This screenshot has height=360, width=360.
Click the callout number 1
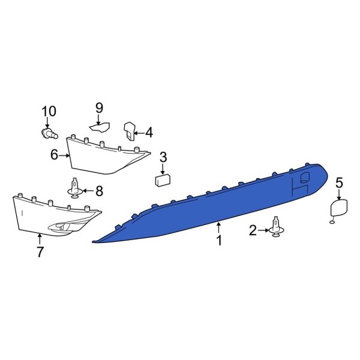coord(219,241)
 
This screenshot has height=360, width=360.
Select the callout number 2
coord(253,230)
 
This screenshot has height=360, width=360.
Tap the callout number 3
coord(163,158)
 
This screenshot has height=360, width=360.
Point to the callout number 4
coord(149,132)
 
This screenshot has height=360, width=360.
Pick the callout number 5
coord(339,182)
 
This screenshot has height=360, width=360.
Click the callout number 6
coord(54,155)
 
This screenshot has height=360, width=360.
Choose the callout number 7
coord(40,252)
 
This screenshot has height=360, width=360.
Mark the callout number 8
coord(99,191)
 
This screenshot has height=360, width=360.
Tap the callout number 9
coord(100,108)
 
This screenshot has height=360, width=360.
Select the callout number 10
coord(48,111)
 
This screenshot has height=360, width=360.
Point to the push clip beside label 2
coord(277,227)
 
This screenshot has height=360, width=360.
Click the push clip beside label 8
coord(75,189)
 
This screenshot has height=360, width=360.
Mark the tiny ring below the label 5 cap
coord(332,223)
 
